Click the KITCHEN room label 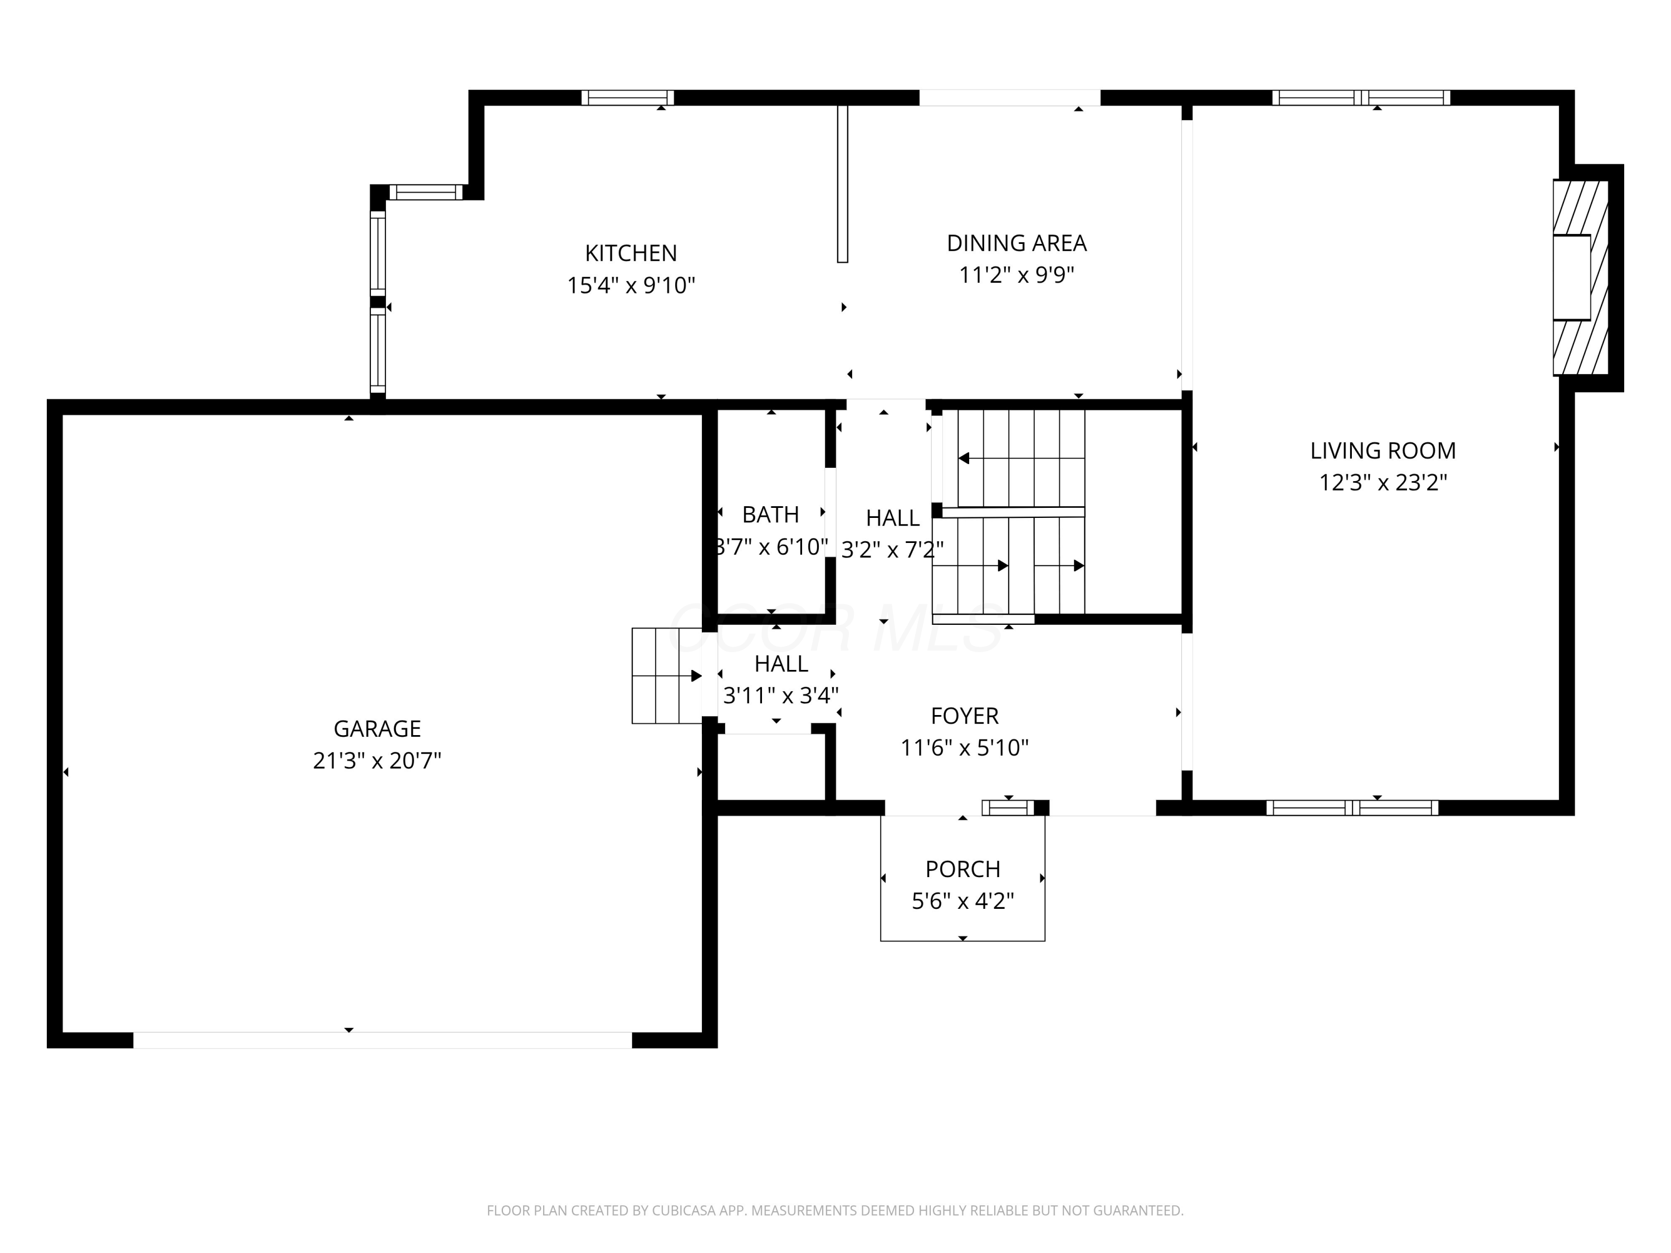[631, 252]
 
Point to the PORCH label [962, 869]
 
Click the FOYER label [964, 715]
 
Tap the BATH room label [770, 515]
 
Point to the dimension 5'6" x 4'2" [962, 901]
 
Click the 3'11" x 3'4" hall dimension [780, 695]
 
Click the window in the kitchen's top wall [627, 97]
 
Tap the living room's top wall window [1361, 97]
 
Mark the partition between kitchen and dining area [842, 184]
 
